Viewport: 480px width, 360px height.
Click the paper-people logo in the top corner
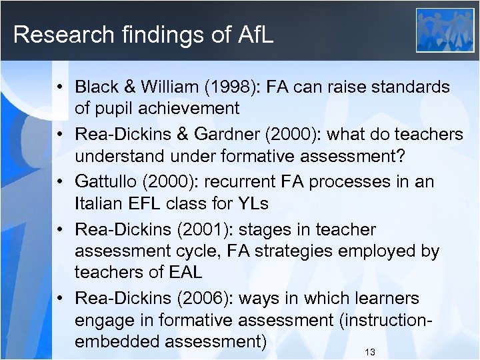(x=445, y=30)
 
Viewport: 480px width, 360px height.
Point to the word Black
(x=97, y=87)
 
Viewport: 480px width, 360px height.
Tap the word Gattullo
(x=104, y=182)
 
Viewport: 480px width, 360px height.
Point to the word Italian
(x=99, y=203)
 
